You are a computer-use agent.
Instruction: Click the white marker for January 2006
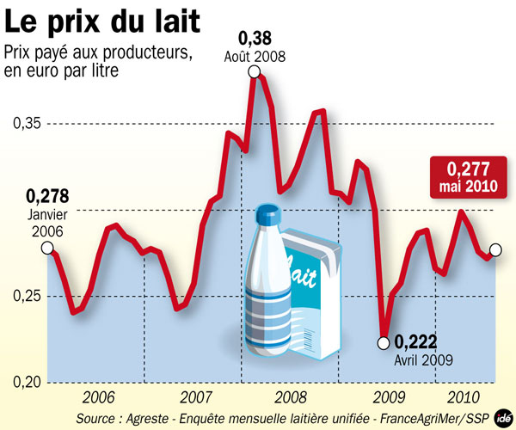click(47, 249)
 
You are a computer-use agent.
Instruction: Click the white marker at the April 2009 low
click(384, 343)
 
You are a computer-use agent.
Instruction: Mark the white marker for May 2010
click(495, 250)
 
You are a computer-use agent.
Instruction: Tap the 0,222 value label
click(421, 342)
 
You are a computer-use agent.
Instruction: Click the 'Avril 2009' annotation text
click(424, 360)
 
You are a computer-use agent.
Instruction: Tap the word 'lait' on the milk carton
click(307, 274)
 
